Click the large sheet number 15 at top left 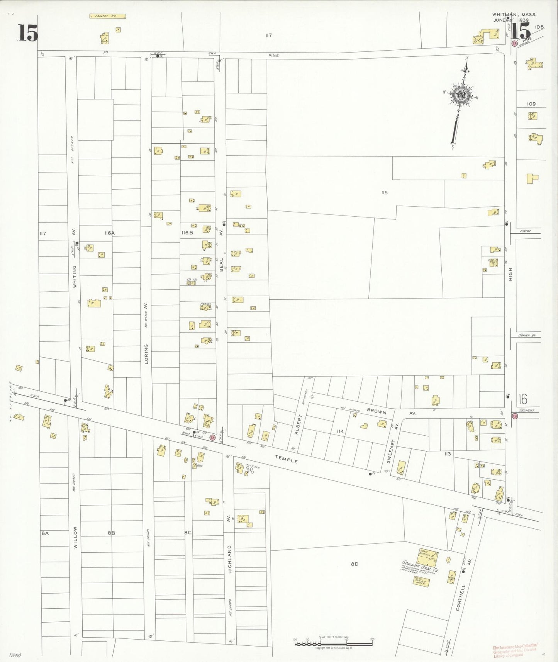coord(28,33)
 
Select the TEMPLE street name coord(286,458)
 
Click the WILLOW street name coord(75,537)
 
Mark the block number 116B coord(187,233)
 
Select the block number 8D coord(354,564)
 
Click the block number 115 coord(384,192)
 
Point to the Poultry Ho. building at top coord(108,16)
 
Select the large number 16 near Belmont coord(523,399)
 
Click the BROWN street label coord(376,411)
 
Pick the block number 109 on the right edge coord(531,104)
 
